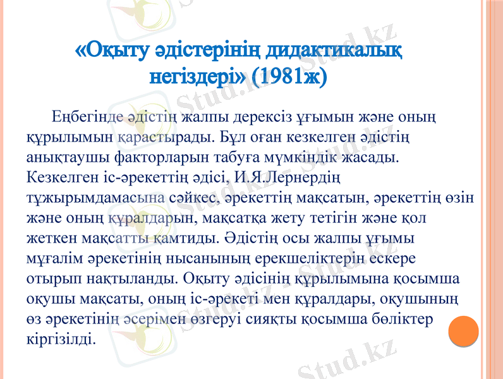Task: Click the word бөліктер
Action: click(408, 319)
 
